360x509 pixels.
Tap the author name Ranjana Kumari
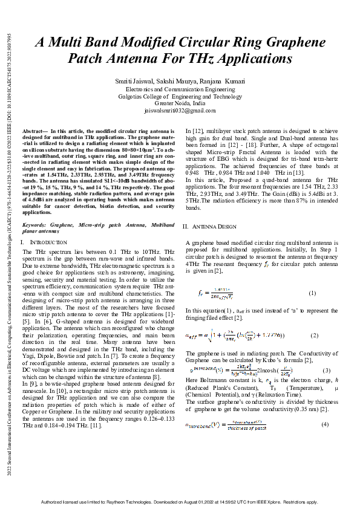[x=223, y=82]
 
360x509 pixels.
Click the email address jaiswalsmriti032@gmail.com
[x=180, y=111]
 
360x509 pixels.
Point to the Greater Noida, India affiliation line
[x=180, y=103]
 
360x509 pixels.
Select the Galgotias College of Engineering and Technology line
[x=180, y=96]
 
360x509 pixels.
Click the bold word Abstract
[x=33, y=131]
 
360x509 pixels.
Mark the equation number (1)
[x=313, y=293]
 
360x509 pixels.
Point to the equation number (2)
[x=314, y=335]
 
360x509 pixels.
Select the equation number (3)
[x=326, y=369]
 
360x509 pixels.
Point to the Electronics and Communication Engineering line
[x=180, y=89]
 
